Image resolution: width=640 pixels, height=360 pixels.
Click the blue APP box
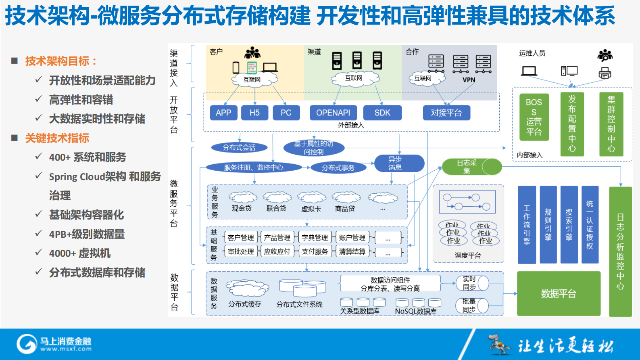click(223, 113)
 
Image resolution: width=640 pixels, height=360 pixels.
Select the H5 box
click(254, 113)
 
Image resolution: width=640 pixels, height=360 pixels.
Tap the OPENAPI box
click(333, 113)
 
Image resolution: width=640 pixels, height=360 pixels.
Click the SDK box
click(382, 113)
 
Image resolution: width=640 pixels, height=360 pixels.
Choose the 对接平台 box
click(446, 113)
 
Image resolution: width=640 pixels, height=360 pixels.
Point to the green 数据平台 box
click(559, 294)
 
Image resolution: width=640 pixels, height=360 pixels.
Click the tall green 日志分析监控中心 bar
click(620, 251)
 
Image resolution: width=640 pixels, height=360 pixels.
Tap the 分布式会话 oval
click(239, 148)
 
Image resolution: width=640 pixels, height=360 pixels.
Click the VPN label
click(469, 80)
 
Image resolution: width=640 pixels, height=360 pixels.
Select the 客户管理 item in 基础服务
click(241, 238)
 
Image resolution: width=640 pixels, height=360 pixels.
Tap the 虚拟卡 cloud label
click(311, 209)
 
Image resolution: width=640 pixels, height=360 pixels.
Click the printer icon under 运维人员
click(605, 73)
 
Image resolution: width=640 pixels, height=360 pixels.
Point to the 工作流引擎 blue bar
click(527, 225)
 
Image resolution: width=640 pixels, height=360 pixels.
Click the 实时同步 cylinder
click(472, 283)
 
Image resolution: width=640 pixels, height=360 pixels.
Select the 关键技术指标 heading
click(57, 138)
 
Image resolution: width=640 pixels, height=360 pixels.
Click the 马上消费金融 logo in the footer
click(54, 343)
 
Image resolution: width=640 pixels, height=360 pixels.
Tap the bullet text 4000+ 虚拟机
click(80, 253)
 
